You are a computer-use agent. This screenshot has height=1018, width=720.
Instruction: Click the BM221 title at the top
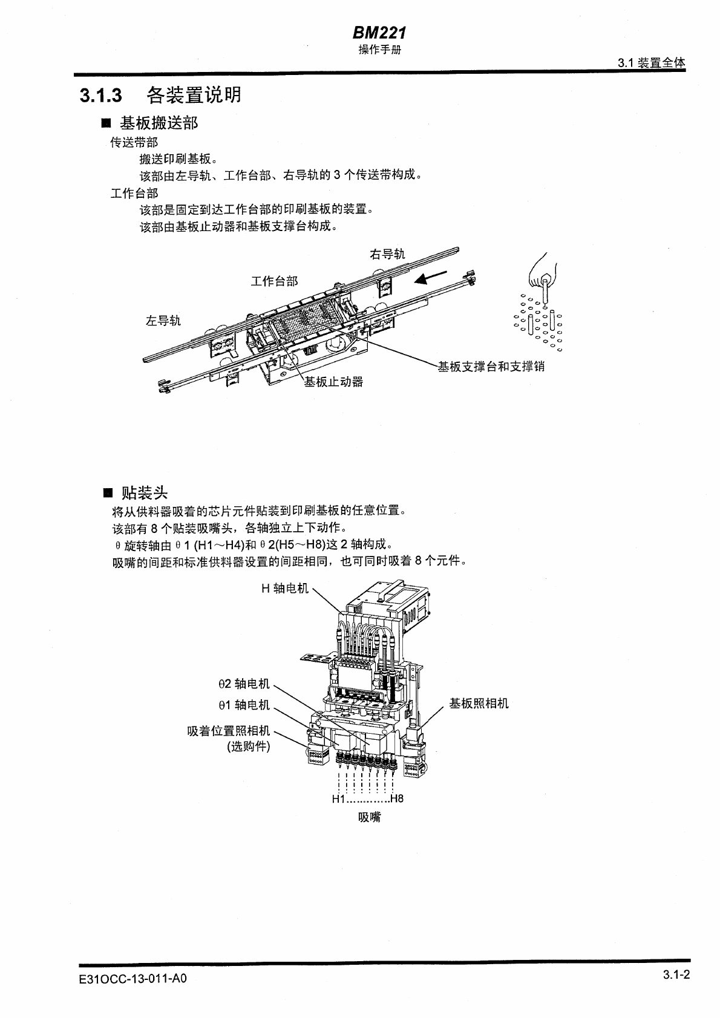click(379, 34)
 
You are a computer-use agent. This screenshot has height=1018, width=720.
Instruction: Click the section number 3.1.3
click(101, 96)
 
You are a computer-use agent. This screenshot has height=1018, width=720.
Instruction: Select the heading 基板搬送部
click(159, 123)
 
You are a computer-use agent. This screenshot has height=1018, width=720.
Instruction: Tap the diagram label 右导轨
click(387, 254)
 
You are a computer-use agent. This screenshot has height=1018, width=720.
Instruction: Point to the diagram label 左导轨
click(163, 321)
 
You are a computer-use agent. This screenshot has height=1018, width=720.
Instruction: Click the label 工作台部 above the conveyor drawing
click(274, 281)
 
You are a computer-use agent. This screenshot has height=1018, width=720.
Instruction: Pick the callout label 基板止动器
click(333, 382)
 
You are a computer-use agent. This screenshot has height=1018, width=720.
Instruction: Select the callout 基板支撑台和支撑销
click(491, 367)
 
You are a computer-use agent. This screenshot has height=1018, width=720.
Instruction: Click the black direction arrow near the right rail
click(431, 278)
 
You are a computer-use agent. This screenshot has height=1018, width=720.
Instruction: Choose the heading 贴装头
click(145, 492)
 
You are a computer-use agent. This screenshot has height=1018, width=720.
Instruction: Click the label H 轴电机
click(284, 588)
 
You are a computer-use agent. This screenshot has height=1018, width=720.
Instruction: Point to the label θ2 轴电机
click(244, 684)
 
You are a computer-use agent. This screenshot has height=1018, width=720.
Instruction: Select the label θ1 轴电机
click(244, 705)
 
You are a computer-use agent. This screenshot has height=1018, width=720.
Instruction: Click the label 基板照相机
click(479, 703)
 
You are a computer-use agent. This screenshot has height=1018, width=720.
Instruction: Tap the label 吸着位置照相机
click(229, 732)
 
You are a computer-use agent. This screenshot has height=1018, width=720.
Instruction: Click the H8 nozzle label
click(396, 799)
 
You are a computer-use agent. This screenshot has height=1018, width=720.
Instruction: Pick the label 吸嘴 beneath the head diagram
click(369, 817)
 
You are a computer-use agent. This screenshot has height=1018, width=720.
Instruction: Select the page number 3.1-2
click(676, 974)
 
